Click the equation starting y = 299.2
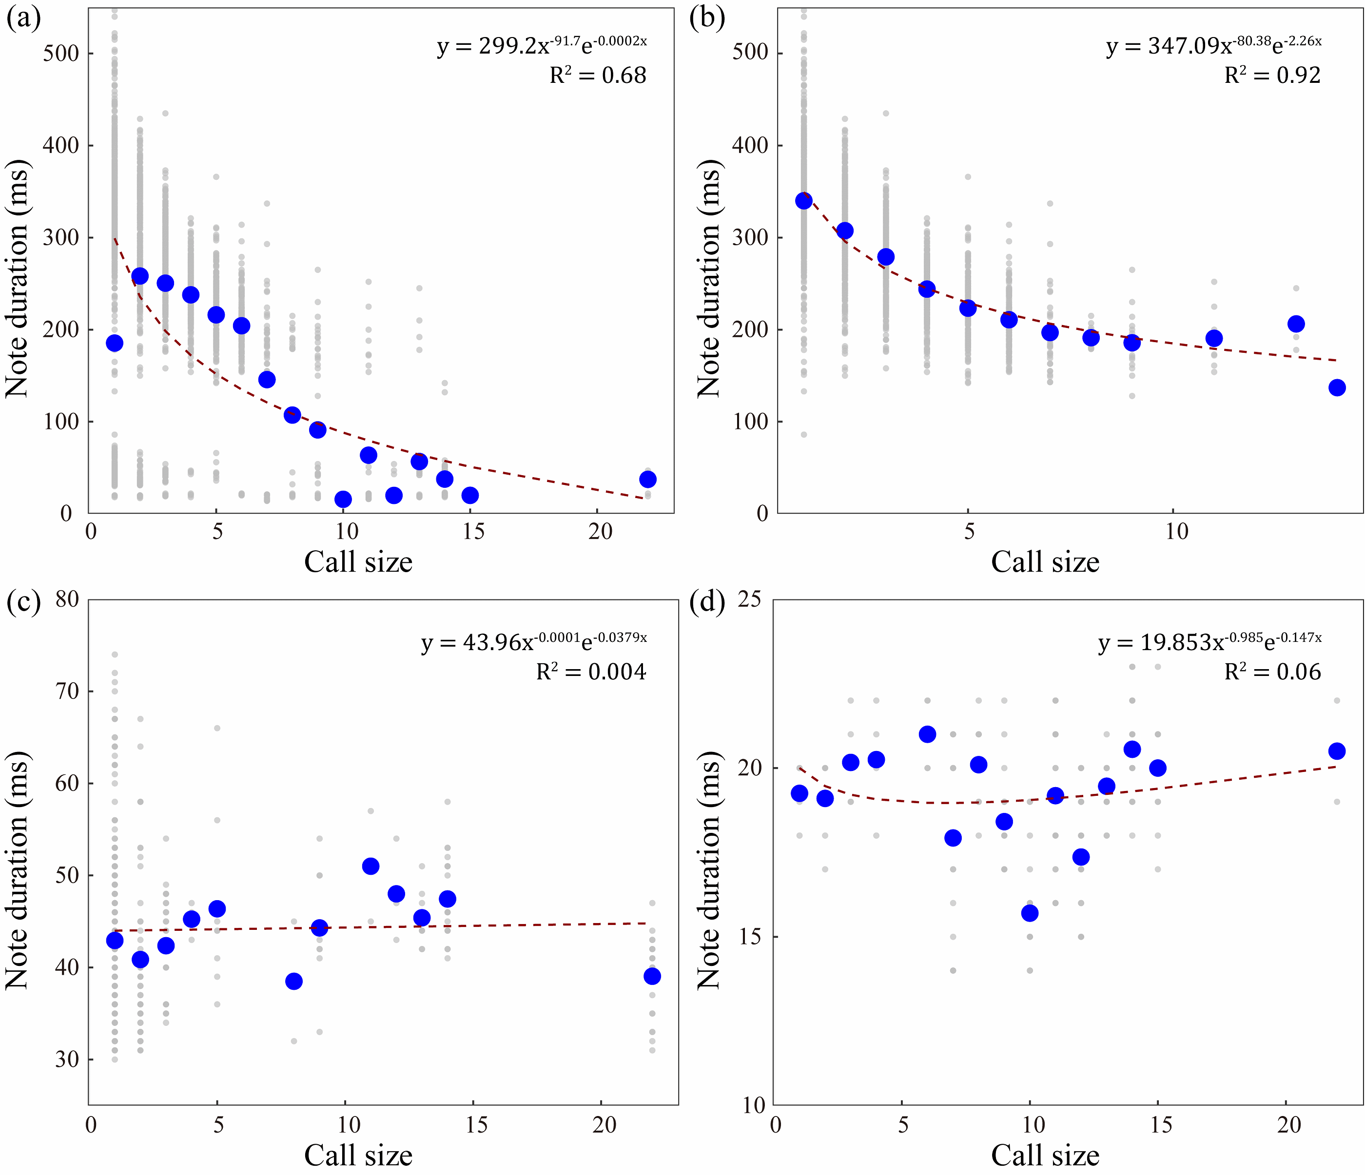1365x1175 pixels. (542, 46)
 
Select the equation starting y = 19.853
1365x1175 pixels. (1209, 641)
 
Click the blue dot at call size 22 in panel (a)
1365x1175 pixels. (647, 479)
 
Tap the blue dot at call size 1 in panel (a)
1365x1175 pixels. (115, 343)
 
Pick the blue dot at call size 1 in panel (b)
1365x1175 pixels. (804, 200)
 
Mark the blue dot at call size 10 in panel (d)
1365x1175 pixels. (1030, 913)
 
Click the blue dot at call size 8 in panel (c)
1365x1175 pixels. (294, 982)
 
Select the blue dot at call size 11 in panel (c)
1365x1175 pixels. (371, 866)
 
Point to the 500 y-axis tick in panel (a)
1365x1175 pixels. (61, 53)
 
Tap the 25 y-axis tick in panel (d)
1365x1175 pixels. (749, 599)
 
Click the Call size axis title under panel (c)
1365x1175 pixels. (358, 1155)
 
